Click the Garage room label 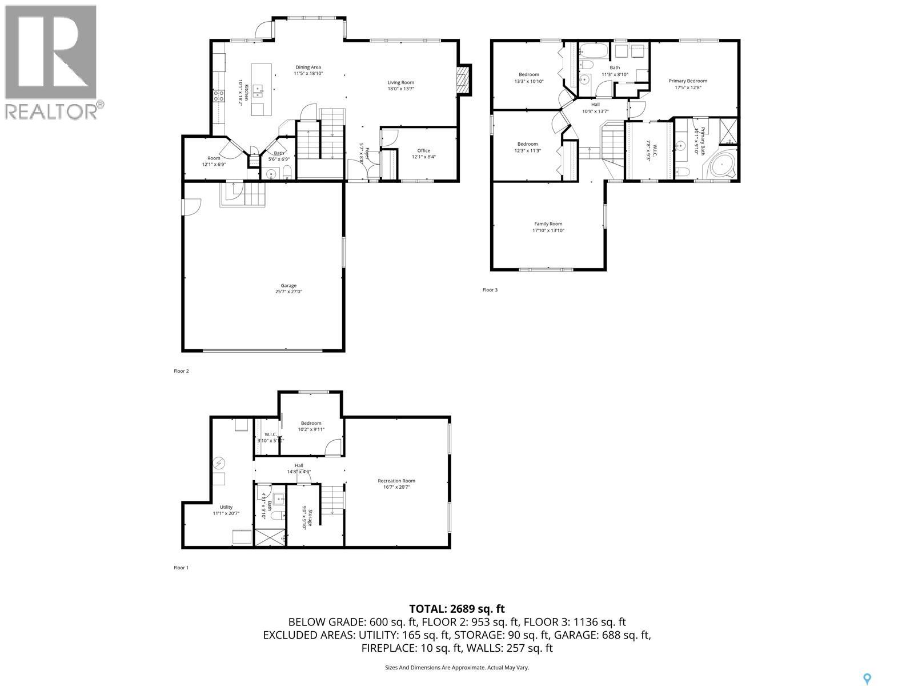pyautogui.click(x=288, y=286)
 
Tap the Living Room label pyautogui.click(x=400, y=82)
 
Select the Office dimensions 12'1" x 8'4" pyautogui.click(x=423, y=157)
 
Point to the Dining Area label pyautogui.click(x=308, y=67)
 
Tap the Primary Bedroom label pyautogui.click(x=688, y=81)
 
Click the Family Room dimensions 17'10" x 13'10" pyautogui.click(x=548, y=230)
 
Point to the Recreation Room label pyautogui.click(x=396, y=481)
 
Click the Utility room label pyautogui.click(x=226, y=507)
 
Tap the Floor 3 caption pyautogui.click(x=490, y=290)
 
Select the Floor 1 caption pyautogui.click(x=181, y=568)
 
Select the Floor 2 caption pyautogui.click(x=181, y=371)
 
